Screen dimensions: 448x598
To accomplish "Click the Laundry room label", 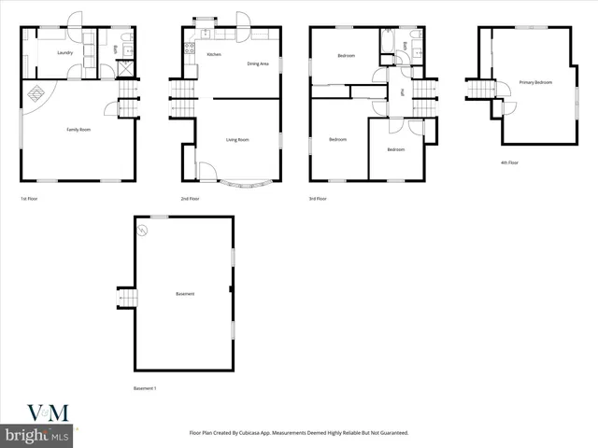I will pos(64,53).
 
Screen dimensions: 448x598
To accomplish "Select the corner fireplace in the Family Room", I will pos(37,93).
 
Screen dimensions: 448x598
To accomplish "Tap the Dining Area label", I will pos(258,63).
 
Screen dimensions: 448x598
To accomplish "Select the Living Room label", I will pos(237,140).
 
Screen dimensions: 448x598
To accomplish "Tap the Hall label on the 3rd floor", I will pos(402,91).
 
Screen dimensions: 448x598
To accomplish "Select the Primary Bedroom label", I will pos(535,82).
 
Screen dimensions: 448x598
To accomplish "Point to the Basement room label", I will pos(185,295).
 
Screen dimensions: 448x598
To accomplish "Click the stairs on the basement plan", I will pos(126,297).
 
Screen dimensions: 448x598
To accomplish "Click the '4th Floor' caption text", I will pos(510,162).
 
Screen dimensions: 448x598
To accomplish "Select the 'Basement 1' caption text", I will pos(145,387).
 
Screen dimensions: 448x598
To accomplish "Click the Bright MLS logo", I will pos(37,435).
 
